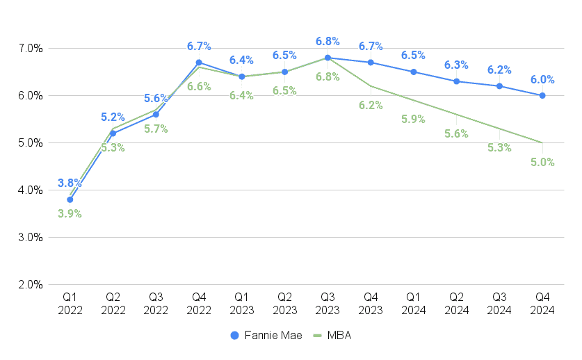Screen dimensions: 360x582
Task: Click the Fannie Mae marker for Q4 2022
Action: point(199,63)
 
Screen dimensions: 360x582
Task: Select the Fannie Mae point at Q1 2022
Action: point(70,199)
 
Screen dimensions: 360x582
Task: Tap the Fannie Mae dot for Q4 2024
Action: point(542,95)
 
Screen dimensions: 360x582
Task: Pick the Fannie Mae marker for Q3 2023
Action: point(328,58)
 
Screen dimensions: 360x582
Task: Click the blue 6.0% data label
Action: point(542,79)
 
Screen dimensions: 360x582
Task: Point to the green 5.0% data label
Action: point(542,162)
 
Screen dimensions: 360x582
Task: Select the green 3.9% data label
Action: point(70,213)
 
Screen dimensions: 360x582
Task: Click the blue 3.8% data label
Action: point(70,183)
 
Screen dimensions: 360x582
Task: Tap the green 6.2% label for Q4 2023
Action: point(371,105)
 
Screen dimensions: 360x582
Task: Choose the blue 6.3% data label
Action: point(456,65)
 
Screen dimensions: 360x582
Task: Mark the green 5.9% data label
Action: point(414,119)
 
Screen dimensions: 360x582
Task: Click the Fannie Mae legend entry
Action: point(266,335)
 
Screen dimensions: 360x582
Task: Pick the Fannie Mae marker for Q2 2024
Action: point(456,81)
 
